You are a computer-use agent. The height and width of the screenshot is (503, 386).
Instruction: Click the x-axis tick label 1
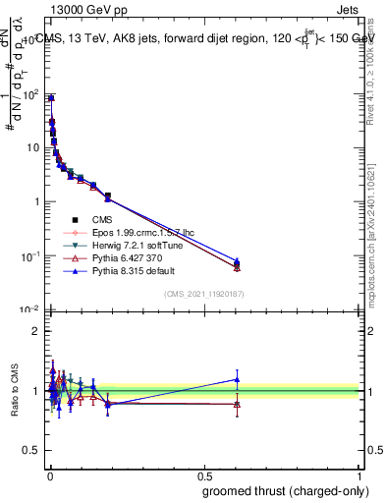(359, 475)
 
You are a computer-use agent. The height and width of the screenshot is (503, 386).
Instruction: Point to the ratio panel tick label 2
(35, 331)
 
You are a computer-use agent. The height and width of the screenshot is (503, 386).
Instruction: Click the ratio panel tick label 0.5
(30, 452)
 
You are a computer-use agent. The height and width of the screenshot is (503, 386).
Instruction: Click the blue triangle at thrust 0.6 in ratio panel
(237, 379)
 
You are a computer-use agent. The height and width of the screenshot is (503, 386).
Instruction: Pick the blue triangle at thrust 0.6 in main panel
(237, 261)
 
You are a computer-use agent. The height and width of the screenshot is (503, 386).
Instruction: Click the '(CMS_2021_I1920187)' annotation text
(203, 294)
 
